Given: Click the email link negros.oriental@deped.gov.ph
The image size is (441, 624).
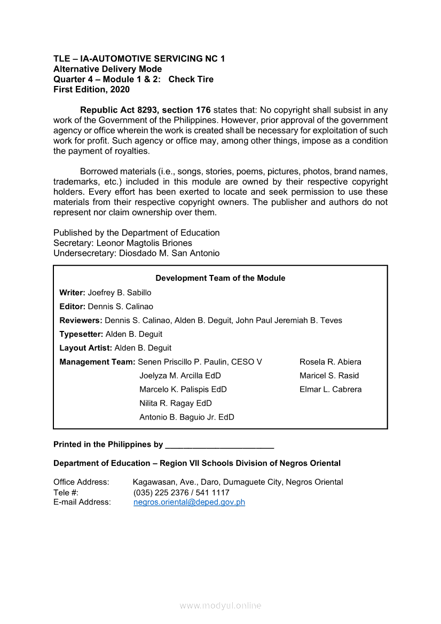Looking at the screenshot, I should [x=189, y=502].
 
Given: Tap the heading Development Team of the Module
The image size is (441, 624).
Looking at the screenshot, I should [x=220, y=278].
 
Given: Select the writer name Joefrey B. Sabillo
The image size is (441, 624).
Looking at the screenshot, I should [x=120, y=293].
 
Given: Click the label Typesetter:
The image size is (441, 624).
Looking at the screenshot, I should [x=81, y=334].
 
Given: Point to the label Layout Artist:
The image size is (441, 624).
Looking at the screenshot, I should [x=86, y=348].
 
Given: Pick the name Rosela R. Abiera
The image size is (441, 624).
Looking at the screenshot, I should [x=330, y=362].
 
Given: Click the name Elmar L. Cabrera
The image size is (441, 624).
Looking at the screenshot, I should [x=330, y=390].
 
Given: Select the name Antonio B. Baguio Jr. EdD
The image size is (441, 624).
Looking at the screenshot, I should [x=187, y=417].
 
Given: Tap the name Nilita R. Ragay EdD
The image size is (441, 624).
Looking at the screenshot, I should [x=176, y=404].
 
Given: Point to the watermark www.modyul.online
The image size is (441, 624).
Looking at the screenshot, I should [x=220, y=606].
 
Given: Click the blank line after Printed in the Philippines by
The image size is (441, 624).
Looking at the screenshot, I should [x=219, y=445].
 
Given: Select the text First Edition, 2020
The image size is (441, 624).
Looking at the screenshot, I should [x=91, y=90].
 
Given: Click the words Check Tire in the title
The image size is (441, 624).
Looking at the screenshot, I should [x=191, y=80].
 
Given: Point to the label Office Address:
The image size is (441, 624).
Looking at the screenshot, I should [x=81, y=483].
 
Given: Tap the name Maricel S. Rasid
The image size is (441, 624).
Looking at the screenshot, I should [x=329, y=376].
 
